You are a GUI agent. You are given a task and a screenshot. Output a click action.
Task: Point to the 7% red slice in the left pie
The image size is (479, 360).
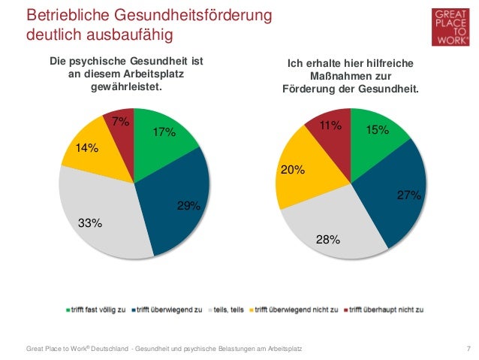pyautogui.click(x=120, y=124)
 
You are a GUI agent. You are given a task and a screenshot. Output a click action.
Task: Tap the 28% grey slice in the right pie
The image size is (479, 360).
pyautogui.click(x=330, y=229)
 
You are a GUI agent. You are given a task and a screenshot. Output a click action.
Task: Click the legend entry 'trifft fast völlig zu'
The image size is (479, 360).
pyautogui.click(x=98, y=309)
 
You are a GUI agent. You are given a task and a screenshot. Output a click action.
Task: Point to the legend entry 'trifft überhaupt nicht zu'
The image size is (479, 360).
pyautogui.click(x=384, y=309)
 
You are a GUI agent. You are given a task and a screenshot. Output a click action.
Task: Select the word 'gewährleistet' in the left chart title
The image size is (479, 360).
pyautogui.click(x=126, y=88)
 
